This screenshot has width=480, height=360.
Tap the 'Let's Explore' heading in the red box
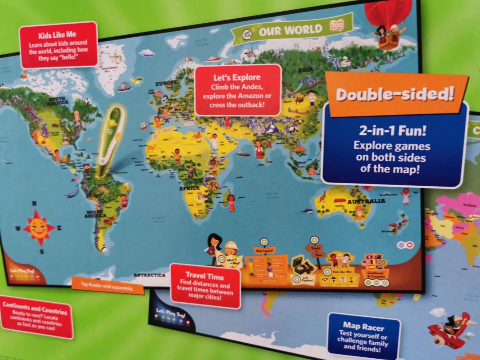click(x=237, y=78)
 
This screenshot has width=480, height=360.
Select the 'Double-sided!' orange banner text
click(x=395, y=95)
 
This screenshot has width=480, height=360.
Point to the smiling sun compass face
click(x=38, y=227)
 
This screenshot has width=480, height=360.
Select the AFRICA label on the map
click(x=189, y=188)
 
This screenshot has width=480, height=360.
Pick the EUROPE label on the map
click(x=166, y=83)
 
